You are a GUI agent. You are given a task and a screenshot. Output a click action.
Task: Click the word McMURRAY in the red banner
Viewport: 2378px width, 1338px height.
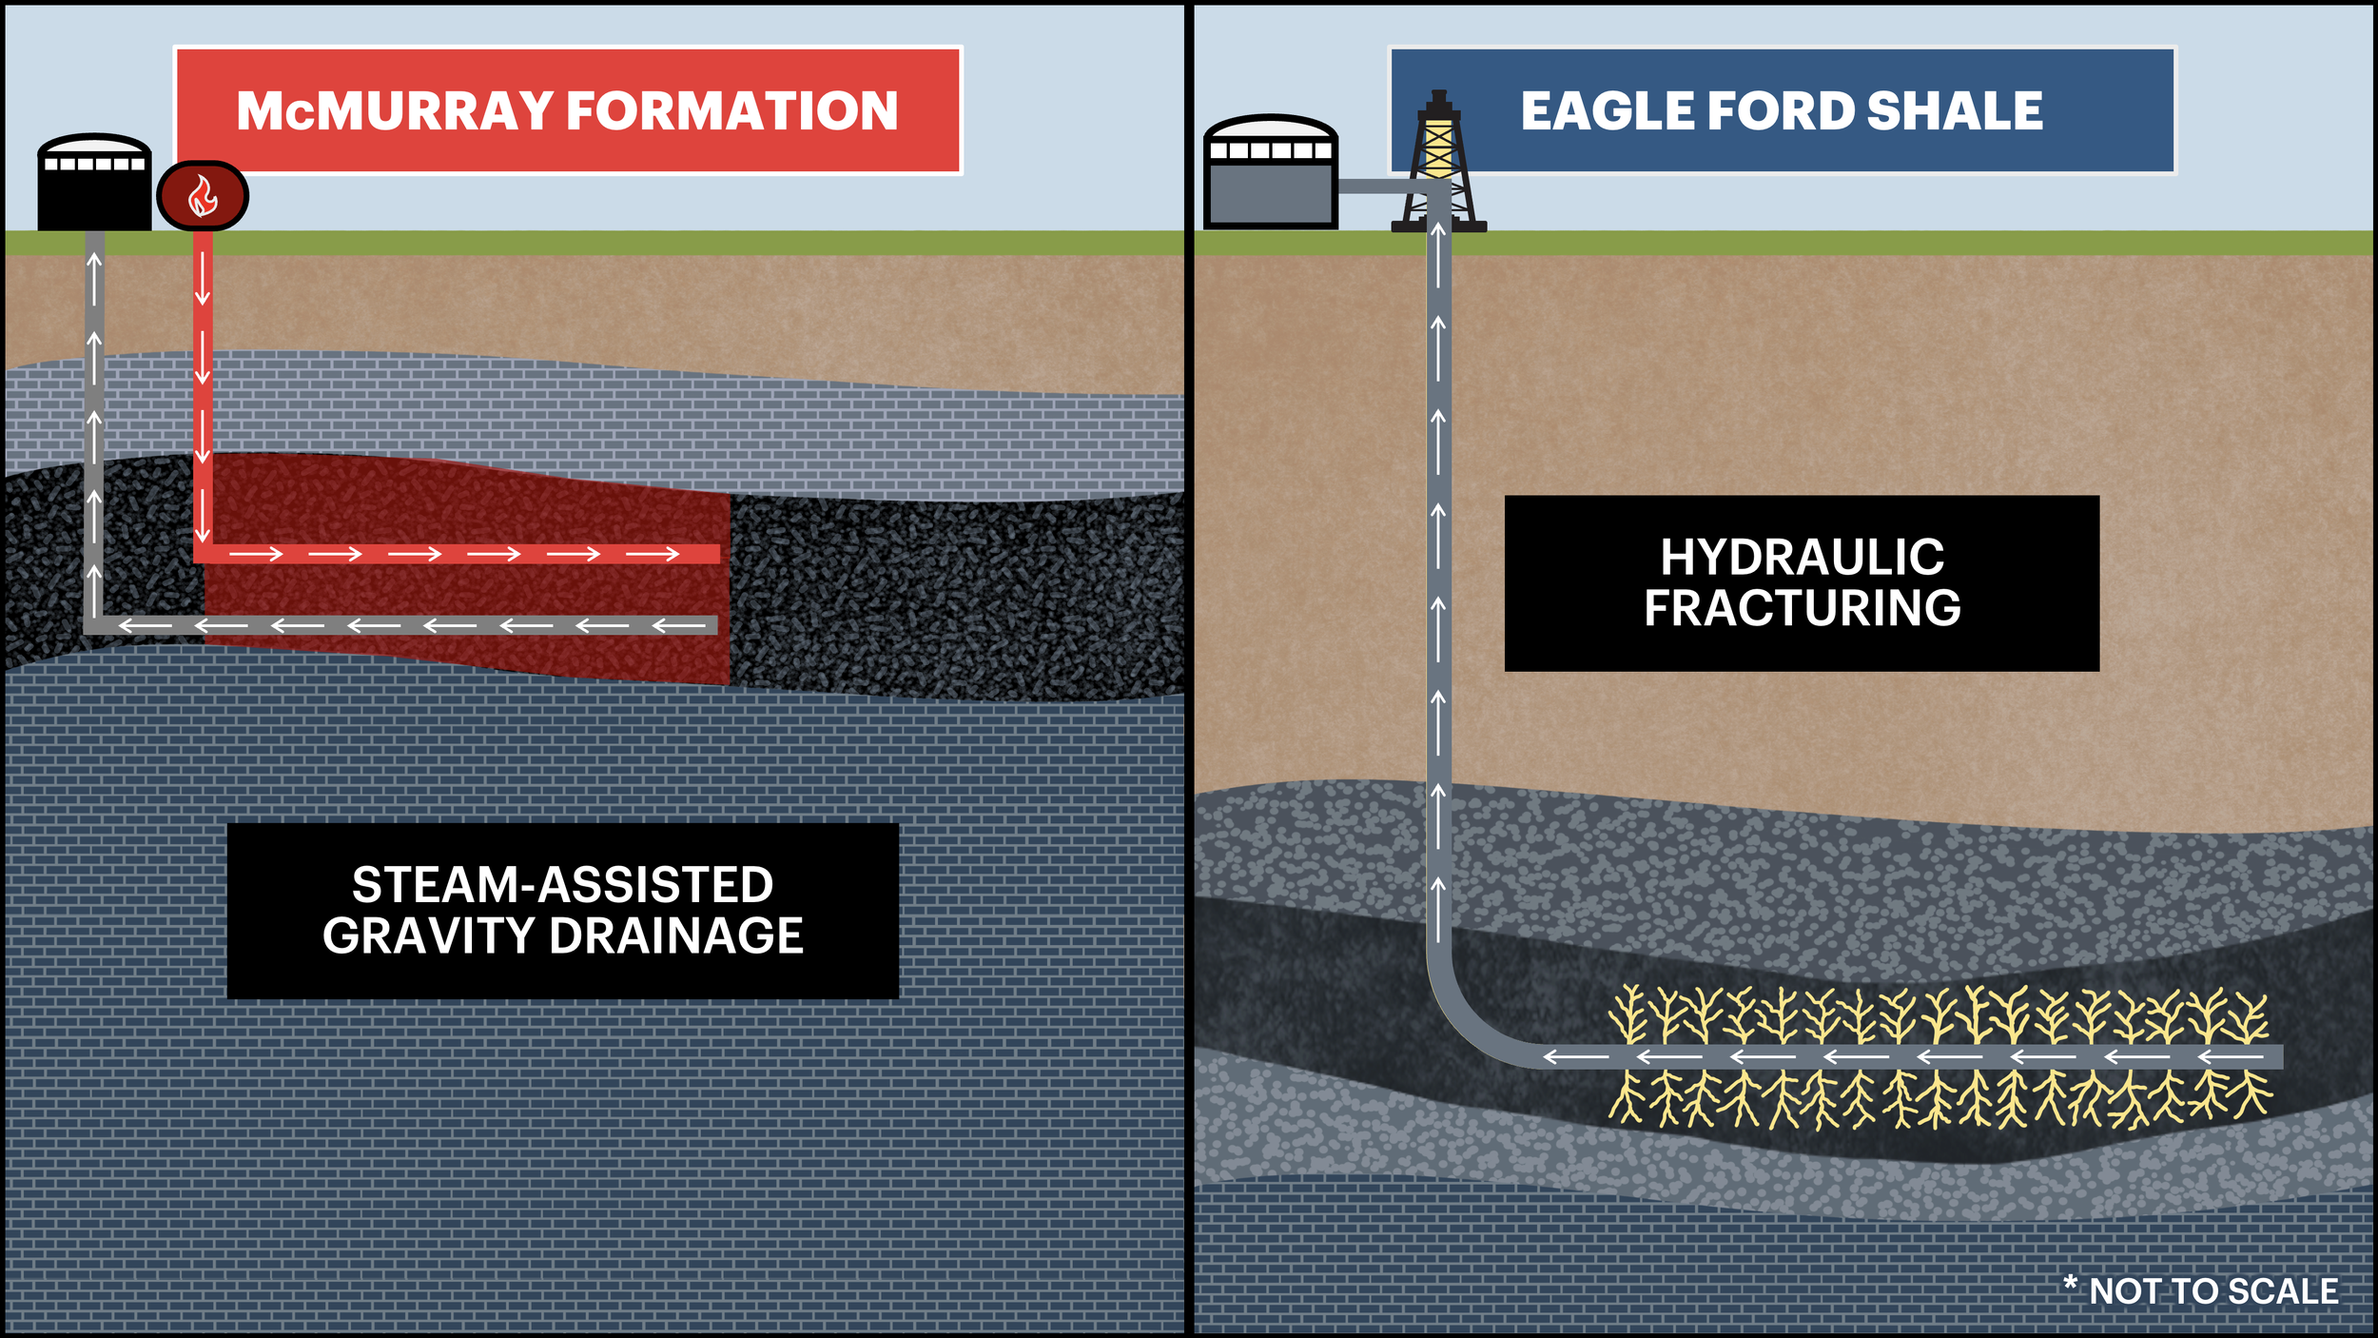(x=395, y=111)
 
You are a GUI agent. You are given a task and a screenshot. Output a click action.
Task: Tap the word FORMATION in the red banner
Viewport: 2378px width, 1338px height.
(x=732, y=111)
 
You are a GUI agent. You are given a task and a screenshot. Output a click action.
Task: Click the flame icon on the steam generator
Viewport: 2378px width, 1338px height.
(x=202, y=196)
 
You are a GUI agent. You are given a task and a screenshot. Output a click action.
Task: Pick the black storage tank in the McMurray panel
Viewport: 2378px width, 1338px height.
(x=94, y=186)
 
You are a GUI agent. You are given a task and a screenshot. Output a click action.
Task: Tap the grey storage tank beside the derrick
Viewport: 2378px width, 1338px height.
(x=1270, y=176)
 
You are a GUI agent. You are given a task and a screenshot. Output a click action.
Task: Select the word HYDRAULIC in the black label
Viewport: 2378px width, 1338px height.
(x=1802, y=558)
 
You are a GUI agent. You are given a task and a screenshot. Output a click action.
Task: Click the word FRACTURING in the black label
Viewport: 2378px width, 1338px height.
(x=1802, y=608)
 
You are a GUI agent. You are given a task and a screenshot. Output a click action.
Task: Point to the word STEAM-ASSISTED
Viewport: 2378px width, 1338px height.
(x=562, y=885)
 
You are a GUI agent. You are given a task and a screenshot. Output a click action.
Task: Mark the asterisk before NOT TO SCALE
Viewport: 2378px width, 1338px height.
(x=2070, y=1284)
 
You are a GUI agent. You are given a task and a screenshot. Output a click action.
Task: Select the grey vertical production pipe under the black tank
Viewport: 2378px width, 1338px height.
(x=94, y=428)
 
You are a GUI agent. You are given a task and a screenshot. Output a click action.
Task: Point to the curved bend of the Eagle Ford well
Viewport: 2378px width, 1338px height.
(x=1470, y=1028)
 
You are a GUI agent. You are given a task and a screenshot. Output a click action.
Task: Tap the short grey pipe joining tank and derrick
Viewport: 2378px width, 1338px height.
(x=1379, y=187)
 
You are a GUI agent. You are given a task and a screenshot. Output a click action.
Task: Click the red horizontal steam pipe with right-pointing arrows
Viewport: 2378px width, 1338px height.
(x=457, y=554)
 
